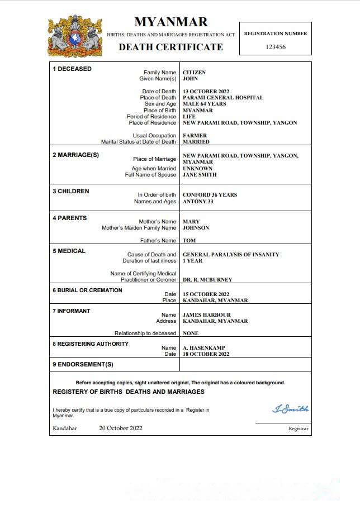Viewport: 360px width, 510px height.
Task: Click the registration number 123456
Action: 276,47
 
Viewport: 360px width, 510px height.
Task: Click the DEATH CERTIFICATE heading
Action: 170,47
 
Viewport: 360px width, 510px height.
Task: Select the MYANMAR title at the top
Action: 170,22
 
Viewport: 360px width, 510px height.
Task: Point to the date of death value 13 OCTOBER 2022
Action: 206,92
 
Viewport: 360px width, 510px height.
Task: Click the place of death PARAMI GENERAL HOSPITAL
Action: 223,98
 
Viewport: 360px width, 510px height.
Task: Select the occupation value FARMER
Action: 195,136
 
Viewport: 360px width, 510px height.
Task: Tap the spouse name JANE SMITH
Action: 200,175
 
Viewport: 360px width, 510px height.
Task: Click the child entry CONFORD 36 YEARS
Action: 210,195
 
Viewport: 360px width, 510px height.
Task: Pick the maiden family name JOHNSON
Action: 196,228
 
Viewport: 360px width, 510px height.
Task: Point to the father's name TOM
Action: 189,241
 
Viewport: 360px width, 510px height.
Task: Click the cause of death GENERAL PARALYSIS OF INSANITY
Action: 231,255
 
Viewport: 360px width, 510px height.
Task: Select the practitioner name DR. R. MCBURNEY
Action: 207,280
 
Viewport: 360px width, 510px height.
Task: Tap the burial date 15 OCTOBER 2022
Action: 206,294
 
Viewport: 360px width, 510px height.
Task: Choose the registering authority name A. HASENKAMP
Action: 204,348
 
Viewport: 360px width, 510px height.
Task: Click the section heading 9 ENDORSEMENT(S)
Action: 83,365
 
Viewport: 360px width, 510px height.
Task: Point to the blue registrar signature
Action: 290,409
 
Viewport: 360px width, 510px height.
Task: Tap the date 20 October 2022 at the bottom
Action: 121,428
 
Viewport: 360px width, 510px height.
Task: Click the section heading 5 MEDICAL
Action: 69,251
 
